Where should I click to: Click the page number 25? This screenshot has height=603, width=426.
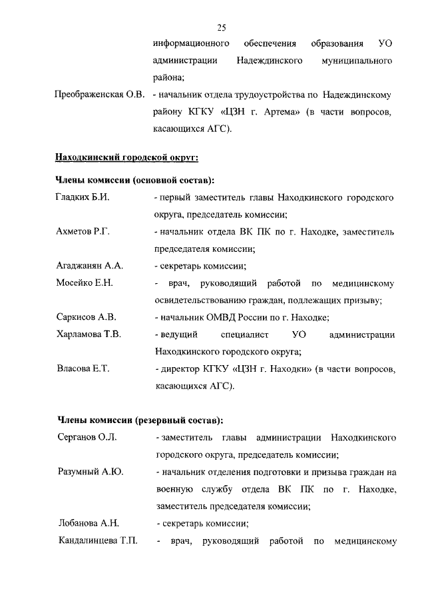click(222, 27)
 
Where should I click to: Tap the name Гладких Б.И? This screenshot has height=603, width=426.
click(82, 198)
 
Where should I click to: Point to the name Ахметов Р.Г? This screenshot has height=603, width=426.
click(83, 232)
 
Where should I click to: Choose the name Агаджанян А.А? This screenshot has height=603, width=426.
click(90, 266)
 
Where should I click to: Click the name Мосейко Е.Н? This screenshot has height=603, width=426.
click(85, 283)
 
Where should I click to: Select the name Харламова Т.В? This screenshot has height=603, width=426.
click(89, 334)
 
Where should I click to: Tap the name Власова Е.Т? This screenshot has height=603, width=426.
click(83, 368)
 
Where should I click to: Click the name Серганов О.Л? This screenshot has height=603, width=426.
click(87, 438)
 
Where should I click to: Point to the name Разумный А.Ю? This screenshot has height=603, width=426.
click(90, 472)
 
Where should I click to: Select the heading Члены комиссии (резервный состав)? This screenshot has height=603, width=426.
click(139, 420)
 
